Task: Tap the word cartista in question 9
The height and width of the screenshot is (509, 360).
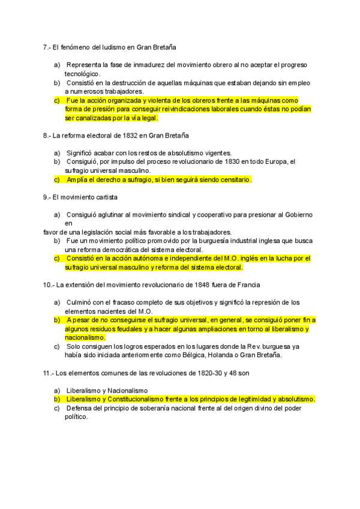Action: click(x=104, y=197)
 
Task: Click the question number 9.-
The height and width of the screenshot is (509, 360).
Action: click(x=47, y=197)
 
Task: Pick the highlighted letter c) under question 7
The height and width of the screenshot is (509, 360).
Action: click(x=57, y=100)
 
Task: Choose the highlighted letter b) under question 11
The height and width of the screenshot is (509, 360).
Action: click(x=57, y=399)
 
